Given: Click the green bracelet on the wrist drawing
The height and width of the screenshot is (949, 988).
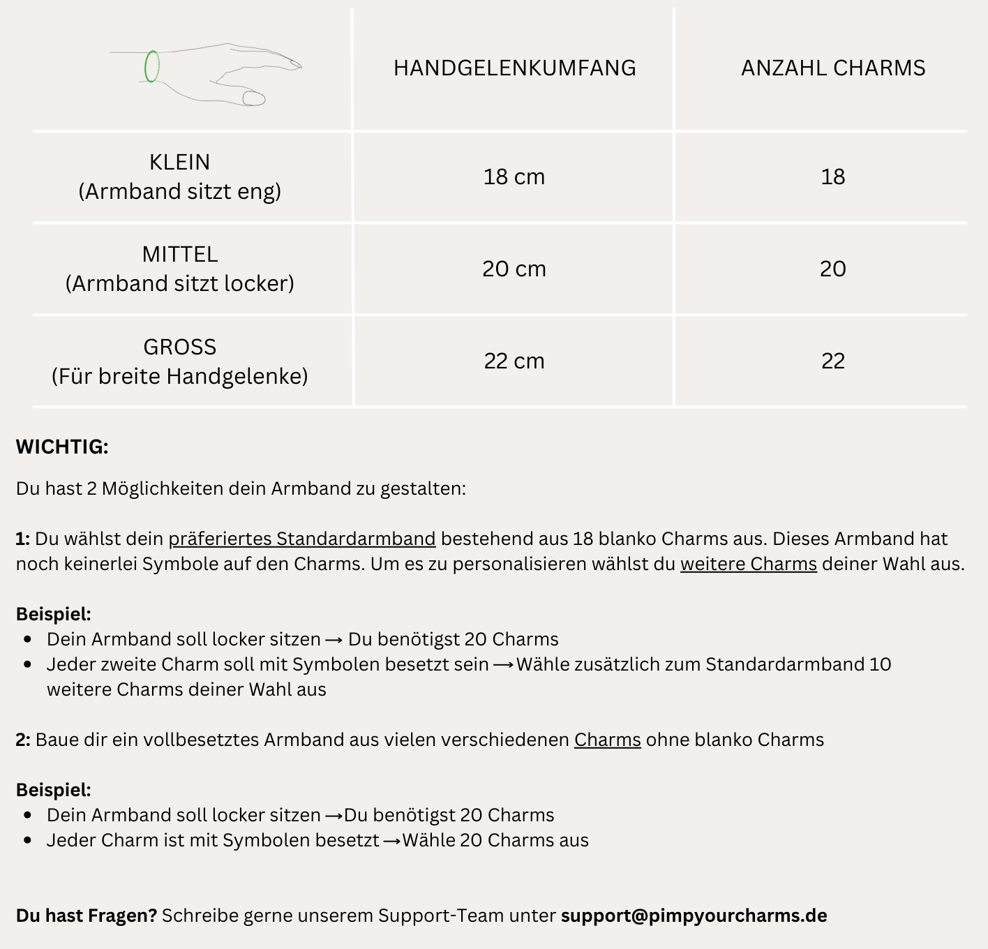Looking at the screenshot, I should pos(151,67).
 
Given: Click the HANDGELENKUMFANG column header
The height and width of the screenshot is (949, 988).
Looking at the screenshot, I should pos(514,68).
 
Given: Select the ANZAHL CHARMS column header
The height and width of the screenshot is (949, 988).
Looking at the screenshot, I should pos(833,68).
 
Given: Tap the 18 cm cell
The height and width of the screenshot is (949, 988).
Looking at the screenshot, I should pos(514,177).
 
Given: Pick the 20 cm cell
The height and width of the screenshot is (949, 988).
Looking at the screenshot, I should pos(514,269).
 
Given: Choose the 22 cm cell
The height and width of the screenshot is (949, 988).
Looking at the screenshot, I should pos(514,361).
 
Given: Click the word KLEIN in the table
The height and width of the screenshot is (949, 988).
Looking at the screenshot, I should pos(179,162).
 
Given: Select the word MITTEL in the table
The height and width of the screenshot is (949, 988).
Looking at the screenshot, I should pos(179,254).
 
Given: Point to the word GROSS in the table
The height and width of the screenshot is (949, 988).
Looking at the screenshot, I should pos(179,347).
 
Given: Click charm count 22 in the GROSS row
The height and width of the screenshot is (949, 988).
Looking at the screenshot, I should pos(833,361).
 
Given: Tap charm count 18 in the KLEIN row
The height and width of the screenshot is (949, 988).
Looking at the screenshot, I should pos(833,177).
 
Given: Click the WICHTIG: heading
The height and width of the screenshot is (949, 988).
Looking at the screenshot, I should pos(62,447).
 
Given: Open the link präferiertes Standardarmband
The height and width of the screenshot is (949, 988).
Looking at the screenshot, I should pos(302,539).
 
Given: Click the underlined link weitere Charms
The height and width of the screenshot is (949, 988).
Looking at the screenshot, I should pos(749,564).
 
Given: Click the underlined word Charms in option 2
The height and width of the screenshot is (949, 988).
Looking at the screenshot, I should pos(607,740).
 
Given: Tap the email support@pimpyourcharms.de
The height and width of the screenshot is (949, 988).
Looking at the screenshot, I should pos(694,916).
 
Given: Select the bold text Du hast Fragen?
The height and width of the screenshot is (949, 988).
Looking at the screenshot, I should pos(87,916).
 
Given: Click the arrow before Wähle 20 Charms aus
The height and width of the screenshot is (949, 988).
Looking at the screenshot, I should pos(391,841).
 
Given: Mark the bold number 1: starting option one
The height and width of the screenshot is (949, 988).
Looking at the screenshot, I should pos(23,539).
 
